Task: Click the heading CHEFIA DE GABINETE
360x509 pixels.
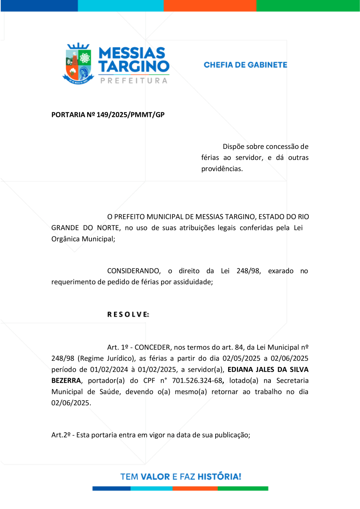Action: (x=245, y=65)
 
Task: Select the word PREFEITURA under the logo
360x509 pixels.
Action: (x=133, y=81)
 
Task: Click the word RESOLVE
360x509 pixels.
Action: (x=128, y=314)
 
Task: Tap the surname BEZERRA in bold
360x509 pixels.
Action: (x=66, y=380)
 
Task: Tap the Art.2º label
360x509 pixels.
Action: (x=61, y=435)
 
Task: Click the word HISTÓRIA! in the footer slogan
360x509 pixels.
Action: (x=220, y=477)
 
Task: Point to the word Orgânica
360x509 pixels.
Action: (x=66, y=239)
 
